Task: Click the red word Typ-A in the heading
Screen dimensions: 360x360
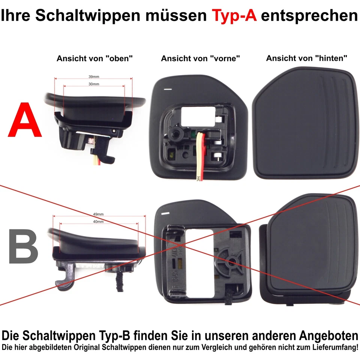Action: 234,16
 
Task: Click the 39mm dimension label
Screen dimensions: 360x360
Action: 94,76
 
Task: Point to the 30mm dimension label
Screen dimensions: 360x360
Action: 94,84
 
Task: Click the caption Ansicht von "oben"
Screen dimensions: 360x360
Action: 95,58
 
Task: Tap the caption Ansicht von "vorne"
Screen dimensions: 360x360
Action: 200,58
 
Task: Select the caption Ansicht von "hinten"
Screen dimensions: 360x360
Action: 306,58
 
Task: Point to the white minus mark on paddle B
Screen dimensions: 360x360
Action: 165,213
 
